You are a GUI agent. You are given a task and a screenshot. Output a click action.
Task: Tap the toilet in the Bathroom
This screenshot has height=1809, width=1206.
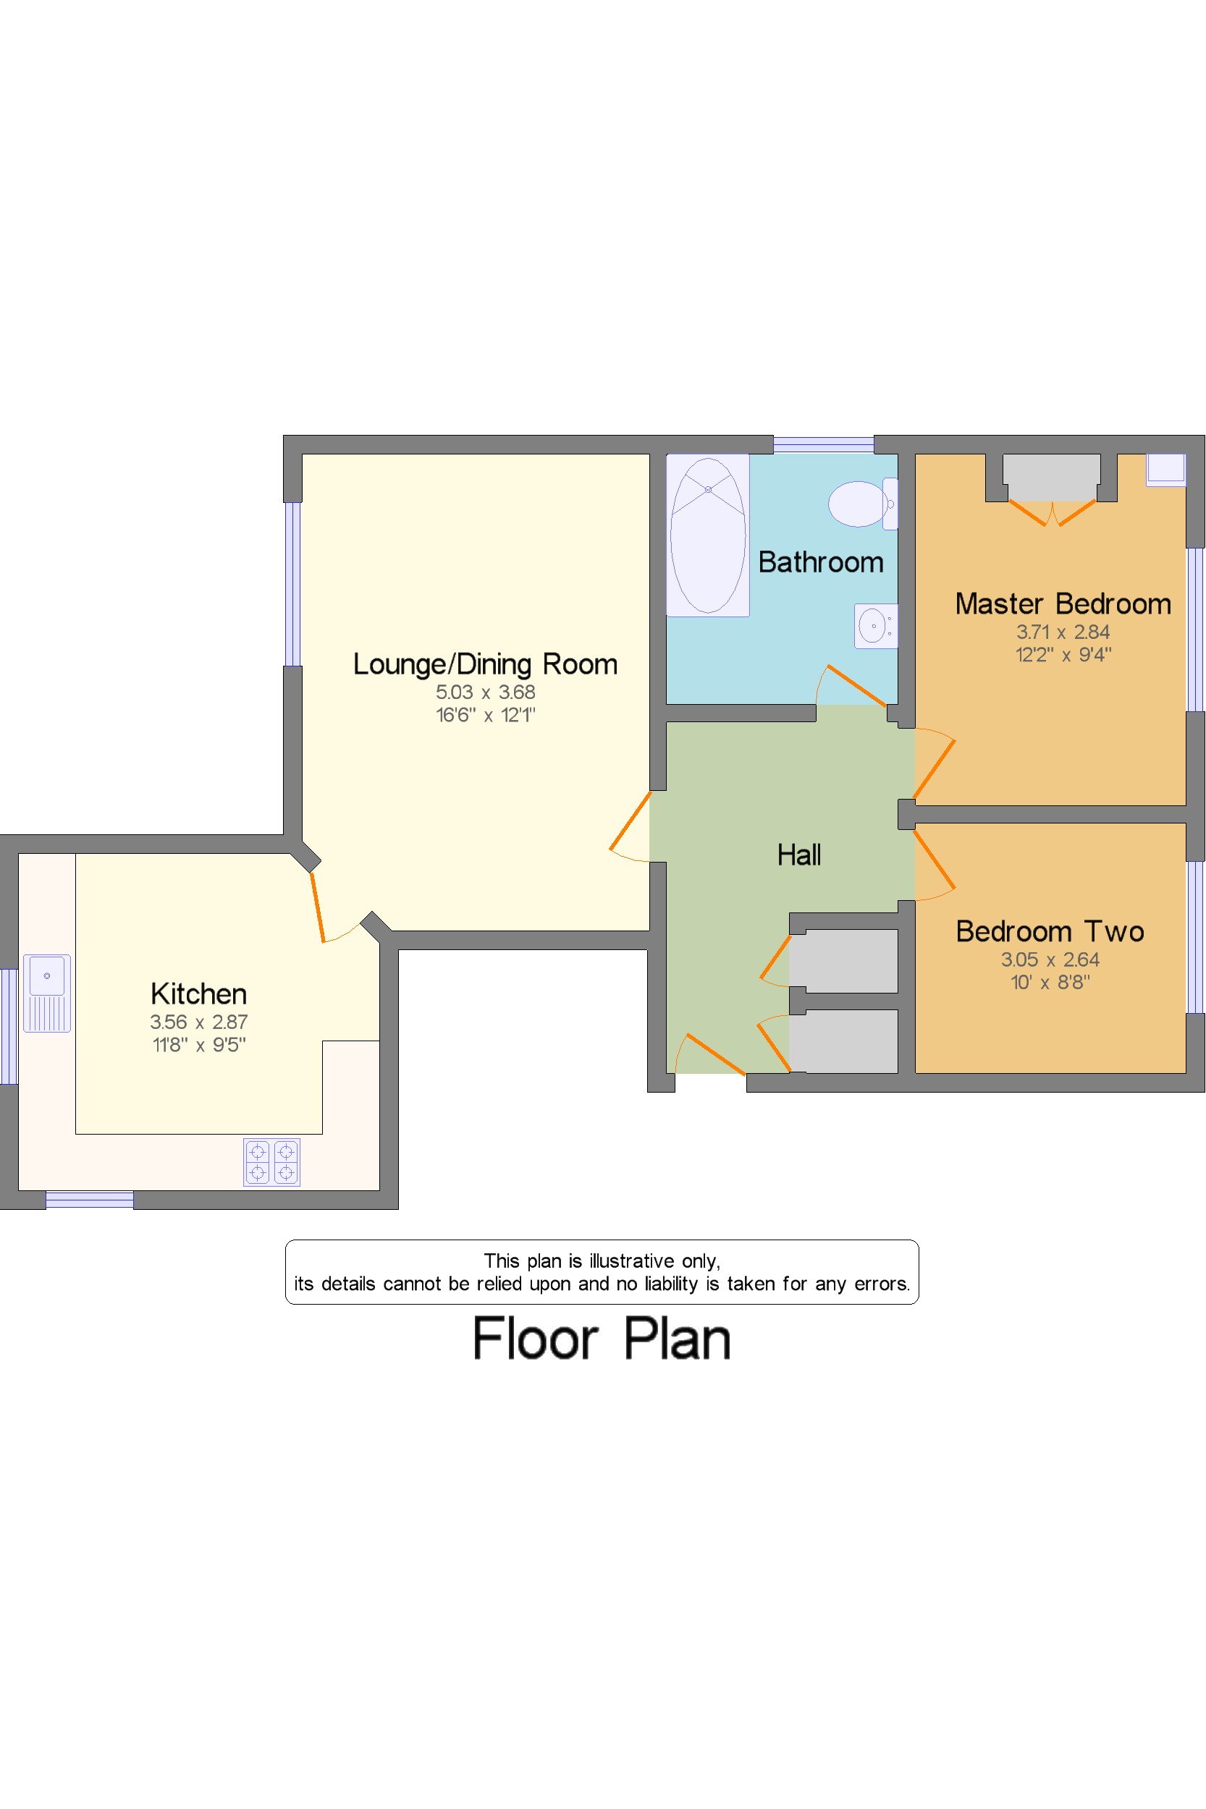861,504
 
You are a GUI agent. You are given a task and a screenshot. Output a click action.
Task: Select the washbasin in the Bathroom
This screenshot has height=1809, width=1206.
875,626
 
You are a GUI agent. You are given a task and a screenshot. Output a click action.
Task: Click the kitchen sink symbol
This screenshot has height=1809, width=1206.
47,993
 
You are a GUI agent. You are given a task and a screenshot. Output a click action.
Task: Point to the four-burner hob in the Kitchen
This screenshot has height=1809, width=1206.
271,1161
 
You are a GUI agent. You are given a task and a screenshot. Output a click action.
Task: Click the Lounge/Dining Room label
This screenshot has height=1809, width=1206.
484,664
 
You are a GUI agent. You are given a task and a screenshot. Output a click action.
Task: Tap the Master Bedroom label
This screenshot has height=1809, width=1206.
1062,603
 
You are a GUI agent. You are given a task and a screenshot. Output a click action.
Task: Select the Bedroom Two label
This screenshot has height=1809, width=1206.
1049,931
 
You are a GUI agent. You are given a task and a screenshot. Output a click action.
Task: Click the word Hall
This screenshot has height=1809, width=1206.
798,855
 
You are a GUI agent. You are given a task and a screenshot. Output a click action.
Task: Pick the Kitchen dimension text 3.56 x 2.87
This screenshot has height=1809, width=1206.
198,1022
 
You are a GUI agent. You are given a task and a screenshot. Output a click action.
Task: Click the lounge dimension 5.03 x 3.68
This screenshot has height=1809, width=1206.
484,692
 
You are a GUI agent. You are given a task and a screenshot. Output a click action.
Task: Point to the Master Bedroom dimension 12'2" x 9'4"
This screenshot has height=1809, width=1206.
1062,655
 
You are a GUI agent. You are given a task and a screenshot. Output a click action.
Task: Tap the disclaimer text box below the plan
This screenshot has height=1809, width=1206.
602,1271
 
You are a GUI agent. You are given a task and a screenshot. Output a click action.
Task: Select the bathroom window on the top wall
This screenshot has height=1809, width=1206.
823,444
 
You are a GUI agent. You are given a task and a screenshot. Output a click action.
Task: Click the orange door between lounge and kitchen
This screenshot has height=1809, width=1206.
318,907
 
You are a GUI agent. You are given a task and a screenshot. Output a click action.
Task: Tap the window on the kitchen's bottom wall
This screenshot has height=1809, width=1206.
89,1199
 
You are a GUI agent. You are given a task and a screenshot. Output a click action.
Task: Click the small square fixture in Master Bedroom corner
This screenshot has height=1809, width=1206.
1165,469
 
